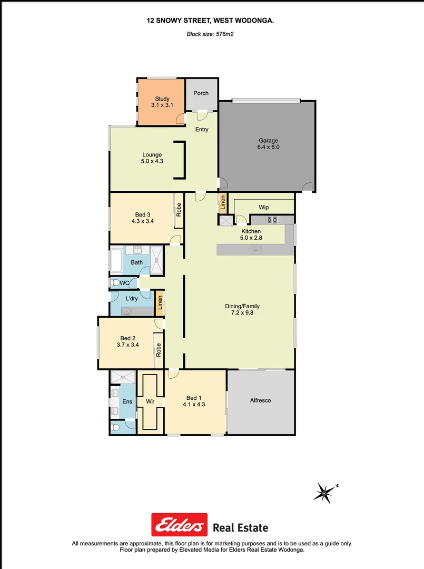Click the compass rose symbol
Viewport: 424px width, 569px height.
(324, 492)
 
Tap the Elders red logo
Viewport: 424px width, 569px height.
(179, 525)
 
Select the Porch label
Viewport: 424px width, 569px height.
(201, 93)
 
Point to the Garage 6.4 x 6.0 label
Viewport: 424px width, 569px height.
(268, 144)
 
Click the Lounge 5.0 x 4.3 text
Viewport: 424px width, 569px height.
(152, 158)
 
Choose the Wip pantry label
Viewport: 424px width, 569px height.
(264, 208)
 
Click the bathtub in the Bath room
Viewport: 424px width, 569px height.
(116, 260)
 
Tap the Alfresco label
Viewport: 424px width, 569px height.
(260, 400)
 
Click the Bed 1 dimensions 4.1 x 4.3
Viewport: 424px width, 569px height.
(193, 405)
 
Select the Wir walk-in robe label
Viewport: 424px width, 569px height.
(150, 401)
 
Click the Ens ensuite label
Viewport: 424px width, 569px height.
(127, 401)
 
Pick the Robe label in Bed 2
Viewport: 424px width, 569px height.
(158, 348)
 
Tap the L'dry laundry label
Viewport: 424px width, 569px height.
(132, 299)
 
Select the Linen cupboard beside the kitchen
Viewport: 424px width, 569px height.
(223, 203)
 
